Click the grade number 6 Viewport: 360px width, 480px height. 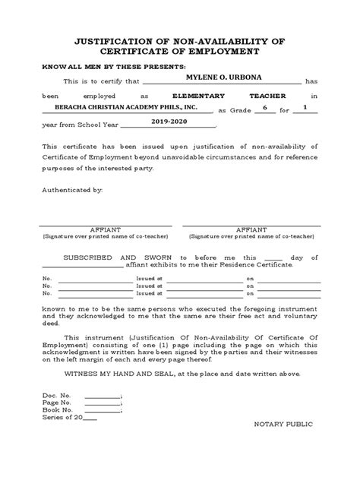pos(265,108)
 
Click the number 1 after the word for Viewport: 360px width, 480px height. pos(305,108)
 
